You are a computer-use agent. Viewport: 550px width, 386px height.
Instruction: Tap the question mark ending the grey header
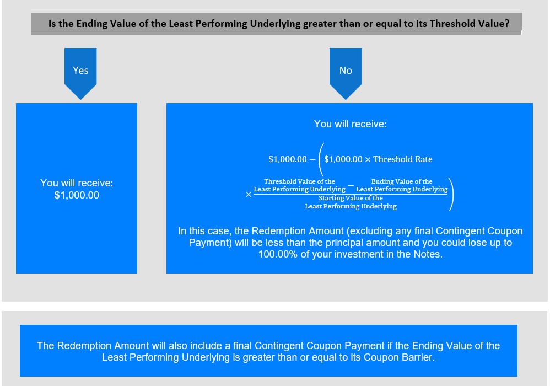tap(507, 24)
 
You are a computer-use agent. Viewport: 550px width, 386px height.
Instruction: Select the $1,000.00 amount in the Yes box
tap(77, 195)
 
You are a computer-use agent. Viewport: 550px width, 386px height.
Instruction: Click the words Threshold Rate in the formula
tap(403, 159)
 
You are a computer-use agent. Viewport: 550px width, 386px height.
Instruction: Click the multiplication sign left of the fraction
tap(249, 195)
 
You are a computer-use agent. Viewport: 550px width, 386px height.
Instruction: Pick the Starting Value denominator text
tap(351, 202)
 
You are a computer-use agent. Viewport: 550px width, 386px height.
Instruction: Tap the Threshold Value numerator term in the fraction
tap(300, 185)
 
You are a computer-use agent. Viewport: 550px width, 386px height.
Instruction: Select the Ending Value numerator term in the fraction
tap(402, 185)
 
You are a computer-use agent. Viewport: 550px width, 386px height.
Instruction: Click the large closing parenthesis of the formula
tap(451, 194)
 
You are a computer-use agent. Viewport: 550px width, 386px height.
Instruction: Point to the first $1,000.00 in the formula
tap(288, 159)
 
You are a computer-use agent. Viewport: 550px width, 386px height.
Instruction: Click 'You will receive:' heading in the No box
tap(351, 124)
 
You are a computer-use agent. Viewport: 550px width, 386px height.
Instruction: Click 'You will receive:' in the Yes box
tap(77, 183)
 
